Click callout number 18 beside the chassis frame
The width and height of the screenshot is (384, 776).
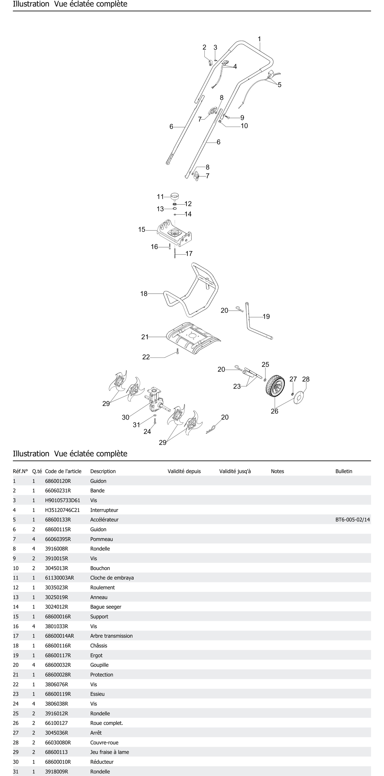click(144, 293)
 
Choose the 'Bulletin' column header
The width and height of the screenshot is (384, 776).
click(344, 471)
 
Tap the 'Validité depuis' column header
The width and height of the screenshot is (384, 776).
click(184, 471)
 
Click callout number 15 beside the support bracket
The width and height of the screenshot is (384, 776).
click(142, 230)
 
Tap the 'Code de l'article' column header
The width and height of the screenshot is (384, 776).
click(63, 471)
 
